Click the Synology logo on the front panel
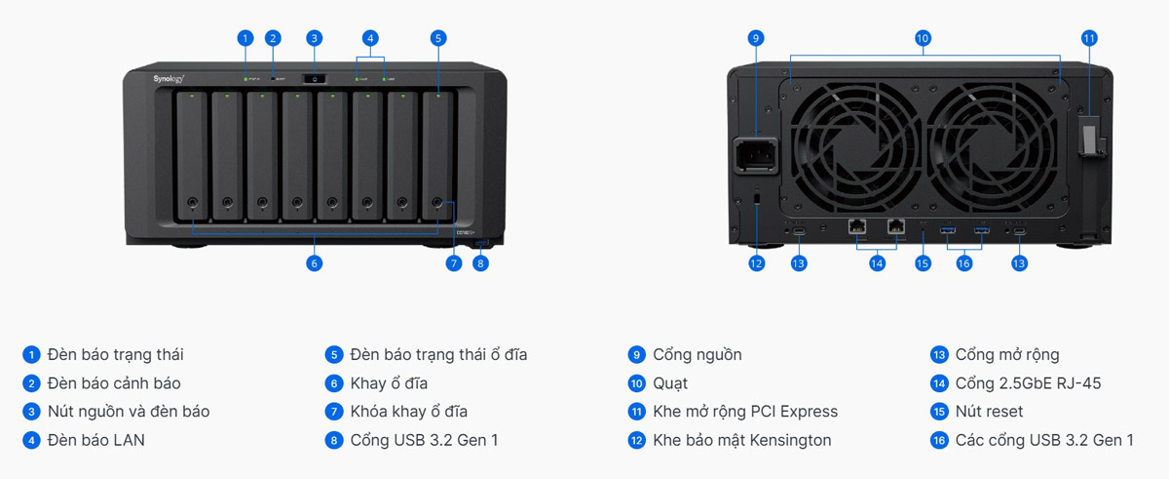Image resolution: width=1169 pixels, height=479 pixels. [169, 77]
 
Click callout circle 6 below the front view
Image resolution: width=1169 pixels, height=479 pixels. [314, 262]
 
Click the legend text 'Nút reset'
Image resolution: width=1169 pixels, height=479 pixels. [989, 412]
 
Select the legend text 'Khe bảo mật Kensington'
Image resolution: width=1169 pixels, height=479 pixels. [741, 440]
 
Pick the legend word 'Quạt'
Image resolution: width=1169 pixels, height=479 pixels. [670, 383]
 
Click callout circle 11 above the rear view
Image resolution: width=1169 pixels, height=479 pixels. [1089, 38]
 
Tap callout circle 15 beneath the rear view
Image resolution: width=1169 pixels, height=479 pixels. [924, 262]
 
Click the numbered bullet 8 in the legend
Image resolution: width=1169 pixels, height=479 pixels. [334, 440]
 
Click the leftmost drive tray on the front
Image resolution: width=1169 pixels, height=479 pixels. [192, 156]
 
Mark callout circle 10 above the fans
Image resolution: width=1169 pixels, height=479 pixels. [923, 38]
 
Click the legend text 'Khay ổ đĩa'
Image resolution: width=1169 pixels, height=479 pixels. [389, 383]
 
